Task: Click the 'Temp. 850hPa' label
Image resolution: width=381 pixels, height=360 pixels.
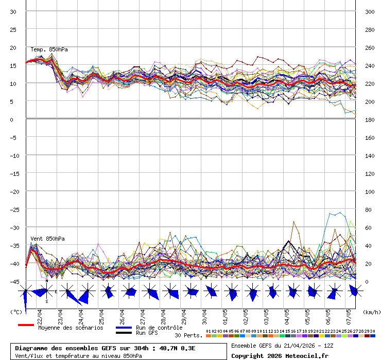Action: [x=49, y=49]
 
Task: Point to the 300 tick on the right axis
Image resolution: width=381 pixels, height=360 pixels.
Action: [x=369, y=12]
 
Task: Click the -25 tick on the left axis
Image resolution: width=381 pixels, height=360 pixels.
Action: [x=13, y=210]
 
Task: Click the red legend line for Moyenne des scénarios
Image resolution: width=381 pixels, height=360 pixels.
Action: [x=25, y=326]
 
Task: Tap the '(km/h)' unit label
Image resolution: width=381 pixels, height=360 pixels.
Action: [x=371, y=312]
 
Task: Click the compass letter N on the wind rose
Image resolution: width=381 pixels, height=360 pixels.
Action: [x=46, y=281]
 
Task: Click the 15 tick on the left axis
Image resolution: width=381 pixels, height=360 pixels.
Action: [x=13, y=66]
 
